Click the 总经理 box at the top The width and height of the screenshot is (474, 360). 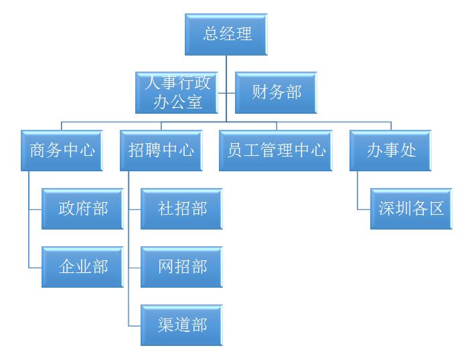[226, 34]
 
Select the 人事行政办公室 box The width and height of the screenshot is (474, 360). [177, 92]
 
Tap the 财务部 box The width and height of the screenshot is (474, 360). [276, 92]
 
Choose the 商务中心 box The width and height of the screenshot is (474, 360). [62, 151]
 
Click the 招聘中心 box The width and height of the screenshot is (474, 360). [161, 151]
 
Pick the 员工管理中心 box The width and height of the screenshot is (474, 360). [276, 151]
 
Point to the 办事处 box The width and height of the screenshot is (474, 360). [390, 151]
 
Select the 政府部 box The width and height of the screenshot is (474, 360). [82, 209]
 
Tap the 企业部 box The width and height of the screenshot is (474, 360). [82, 267]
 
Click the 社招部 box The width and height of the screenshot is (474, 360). [181, 209]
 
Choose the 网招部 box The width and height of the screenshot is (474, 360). [181, 267]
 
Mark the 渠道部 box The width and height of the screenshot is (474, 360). [181, 325]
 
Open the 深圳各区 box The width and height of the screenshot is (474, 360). [411, 209]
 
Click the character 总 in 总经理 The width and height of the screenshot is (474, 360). [212, 34]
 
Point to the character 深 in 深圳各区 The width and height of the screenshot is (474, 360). [386, 209]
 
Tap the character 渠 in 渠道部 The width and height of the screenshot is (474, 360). [165, 325]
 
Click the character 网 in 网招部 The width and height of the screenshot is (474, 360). [165, 267]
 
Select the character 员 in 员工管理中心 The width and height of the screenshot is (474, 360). [235, 151]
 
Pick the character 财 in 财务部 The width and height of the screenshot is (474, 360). [260, 92]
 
